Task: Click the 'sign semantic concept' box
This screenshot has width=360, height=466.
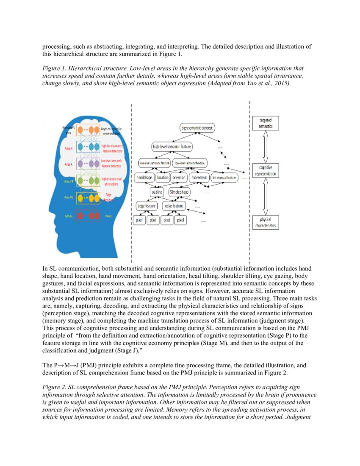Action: pos(198,128)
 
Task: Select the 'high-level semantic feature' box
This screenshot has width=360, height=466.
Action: pos(172,147)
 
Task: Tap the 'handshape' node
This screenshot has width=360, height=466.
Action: pos(144,178)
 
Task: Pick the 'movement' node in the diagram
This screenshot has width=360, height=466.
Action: pos(199,178)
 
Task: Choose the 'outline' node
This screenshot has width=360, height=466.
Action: pos(157,192)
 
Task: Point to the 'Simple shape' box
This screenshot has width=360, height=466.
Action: pos(180,192)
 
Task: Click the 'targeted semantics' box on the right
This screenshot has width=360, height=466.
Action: pos(266,123)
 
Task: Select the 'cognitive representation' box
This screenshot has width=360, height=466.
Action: pos(266,171)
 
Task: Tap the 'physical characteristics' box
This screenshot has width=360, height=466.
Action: pos(266,223)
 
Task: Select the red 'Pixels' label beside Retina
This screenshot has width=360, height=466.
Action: pos(108,216)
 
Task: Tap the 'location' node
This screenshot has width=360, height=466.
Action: pos(163,178)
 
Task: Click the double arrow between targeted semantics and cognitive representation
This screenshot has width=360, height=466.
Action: pos(266,147)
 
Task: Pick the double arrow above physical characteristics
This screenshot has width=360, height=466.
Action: pos(266,197)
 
